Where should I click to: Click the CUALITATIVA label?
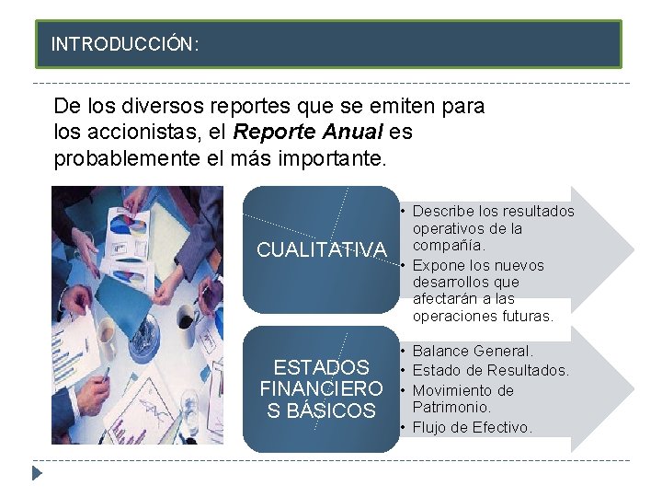point(321,249)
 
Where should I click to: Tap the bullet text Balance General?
point(473,351)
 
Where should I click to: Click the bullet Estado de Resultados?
point(491,370)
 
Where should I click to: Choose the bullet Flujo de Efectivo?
point(473,427)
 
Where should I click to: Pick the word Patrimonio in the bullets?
point(452,407)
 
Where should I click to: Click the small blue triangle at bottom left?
point(37,474)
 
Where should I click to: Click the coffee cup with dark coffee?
point(187,317)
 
